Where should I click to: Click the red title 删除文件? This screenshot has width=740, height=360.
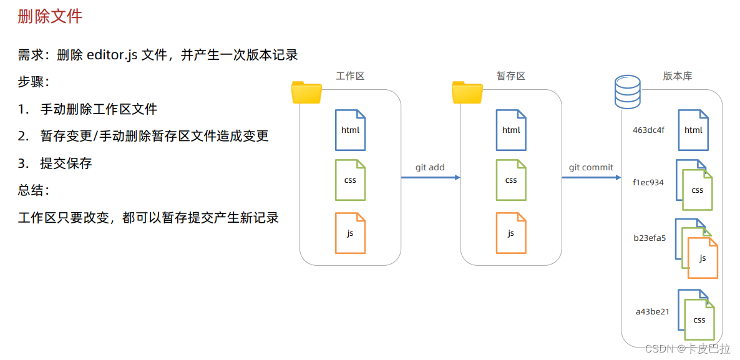(x=50, y=16)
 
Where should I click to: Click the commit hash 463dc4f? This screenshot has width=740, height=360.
(x=649, y=130)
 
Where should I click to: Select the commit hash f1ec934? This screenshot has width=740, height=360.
(x=648, y=183)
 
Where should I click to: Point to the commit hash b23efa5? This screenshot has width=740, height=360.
(x=650, y=238)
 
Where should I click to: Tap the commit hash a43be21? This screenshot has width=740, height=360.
(x=652, y=311)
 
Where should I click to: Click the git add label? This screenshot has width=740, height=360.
(x=430, y=168)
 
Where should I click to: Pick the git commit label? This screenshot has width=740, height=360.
(x=591, y=168)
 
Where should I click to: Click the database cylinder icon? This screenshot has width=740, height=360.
(x=628, y=92)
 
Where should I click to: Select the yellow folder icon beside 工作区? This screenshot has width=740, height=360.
(x=306, y=92)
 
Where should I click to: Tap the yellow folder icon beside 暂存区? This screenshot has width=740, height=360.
(x=467, y=92)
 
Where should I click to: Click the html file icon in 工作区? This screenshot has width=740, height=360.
(x=350, y=130)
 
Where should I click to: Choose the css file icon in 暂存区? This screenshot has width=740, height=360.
(x=511, y=180)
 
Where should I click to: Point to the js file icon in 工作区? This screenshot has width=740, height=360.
(x=350, y=233)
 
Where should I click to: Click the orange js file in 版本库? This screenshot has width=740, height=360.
(x=703, y=258)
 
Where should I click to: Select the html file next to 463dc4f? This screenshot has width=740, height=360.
(x=693, y=130)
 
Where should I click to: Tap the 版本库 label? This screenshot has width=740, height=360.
(x=677, y=76)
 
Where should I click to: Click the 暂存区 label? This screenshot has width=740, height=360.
(x=511, y=76)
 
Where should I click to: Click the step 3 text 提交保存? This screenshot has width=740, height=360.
(x=66, y=163)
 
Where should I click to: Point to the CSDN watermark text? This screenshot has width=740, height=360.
(x=687, y=348)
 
